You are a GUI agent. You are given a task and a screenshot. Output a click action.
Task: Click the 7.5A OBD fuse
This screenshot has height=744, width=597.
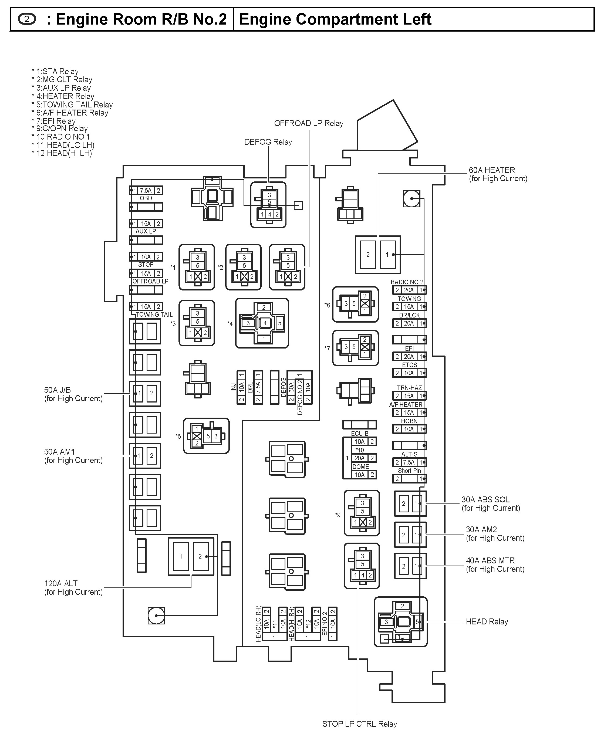click(146, 191)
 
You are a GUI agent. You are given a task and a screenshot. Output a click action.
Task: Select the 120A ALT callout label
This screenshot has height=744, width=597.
click(73, 588)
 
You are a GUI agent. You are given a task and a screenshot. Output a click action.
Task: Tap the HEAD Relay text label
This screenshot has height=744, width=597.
click(487, 622)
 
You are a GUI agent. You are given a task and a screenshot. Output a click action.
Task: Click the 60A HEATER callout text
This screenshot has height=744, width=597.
click(498, 174)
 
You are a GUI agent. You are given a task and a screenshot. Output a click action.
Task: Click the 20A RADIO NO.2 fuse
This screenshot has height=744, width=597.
click(409, 290)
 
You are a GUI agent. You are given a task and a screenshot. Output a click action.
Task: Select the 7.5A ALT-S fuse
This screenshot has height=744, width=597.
click(409, 462)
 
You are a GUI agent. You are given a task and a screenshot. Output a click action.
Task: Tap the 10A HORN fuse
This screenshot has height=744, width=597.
click(409, 429)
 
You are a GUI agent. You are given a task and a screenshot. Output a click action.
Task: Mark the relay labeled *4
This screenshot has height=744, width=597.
click(262, 323)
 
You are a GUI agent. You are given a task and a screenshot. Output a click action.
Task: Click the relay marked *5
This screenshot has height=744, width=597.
click(206, 436)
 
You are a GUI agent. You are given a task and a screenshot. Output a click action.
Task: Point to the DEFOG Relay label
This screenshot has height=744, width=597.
click(268, 142)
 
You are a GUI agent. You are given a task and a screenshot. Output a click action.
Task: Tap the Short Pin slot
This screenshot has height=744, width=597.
click(409, 479)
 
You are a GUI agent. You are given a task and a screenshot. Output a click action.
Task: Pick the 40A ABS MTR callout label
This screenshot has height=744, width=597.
click(495, 565)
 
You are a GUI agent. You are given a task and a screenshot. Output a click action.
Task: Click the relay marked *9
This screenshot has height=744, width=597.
click(362, 513)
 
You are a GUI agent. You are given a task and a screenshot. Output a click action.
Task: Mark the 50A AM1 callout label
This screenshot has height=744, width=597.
click(73, 456)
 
